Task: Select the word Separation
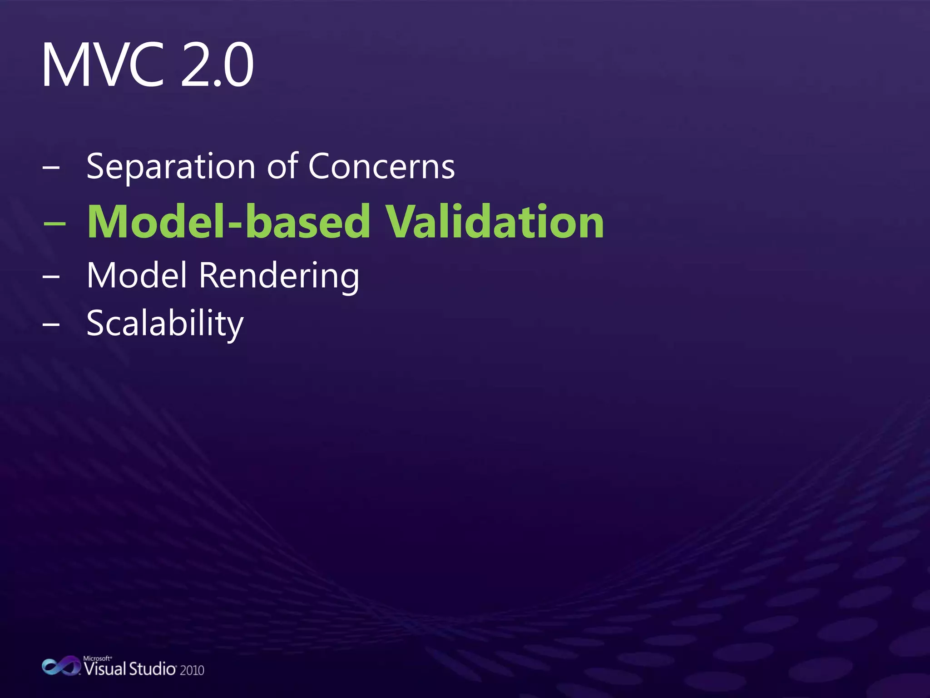coord(171,167)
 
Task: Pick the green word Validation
coord(495,221)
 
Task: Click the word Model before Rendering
coord(137,275)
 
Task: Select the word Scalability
coord(165,324)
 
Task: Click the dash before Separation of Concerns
coord(51,167)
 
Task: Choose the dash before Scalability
coord(51,324)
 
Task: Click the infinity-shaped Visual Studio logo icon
coord(61,666)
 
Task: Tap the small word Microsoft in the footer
coord(97,658)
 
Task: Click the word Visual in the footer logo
coord(105,669)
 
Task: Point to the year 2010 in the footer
coord(192,670)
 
